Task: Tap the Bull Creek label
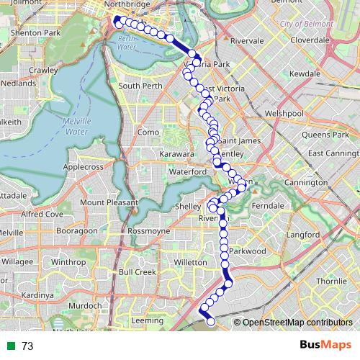(x=137, y=272)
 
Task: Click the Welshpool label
(x=285, y=113)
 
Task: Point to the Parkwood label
(x=249, y=251)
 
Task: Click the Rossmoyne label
(x=149, y=230)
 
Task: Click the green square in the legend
(x=9, y=346)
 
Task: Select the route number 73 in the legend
(x=27, y=346)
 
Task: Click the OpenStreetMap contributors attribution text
(x=297, y=323)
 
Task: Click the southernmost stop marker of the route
(x=211, y=322)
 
